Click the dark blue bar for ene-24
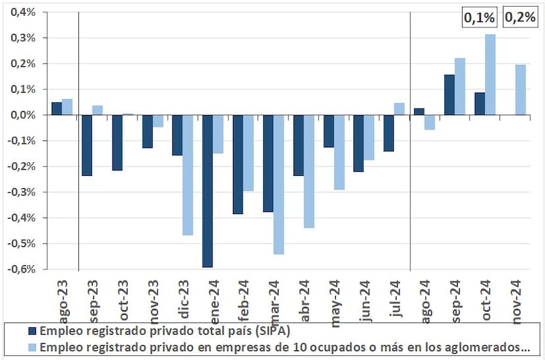click(207, 191)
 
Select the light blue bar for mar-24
click(278, 184)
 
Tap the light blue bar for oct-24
click(490, 74)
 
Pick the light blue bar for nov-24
click(520, 90)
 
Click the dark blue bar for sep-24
click(449, 95)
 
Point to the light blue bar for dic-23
click(187, 175)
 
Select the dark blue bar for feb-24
click(238, 164)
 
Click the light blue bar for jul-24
click(399, 109)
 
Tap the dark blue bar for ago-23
click(57, 108)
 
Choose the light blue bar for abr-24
click(309, 171)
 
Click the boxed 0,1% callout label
click(480, 18)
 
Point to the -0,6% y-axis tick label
click(22, 269)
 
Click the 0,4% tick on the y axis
click(23, 12)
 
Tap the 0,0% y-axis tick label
click(23, 115)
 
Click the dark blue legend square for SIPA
click(31, 331)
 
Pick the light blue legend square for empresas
click(31, 347)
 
